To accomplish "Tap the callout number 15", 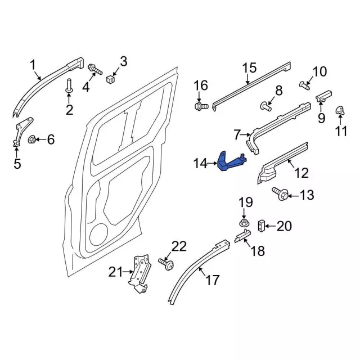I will (249, 69).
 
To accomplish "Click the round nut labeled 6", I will (33, 138).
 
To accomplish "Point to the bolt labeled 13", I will (281, 195).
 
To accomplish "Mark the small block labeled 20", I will (262, 226).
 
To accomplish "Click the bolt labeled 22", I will (166, 262).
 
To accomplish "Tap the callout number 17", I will (212, 280).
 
